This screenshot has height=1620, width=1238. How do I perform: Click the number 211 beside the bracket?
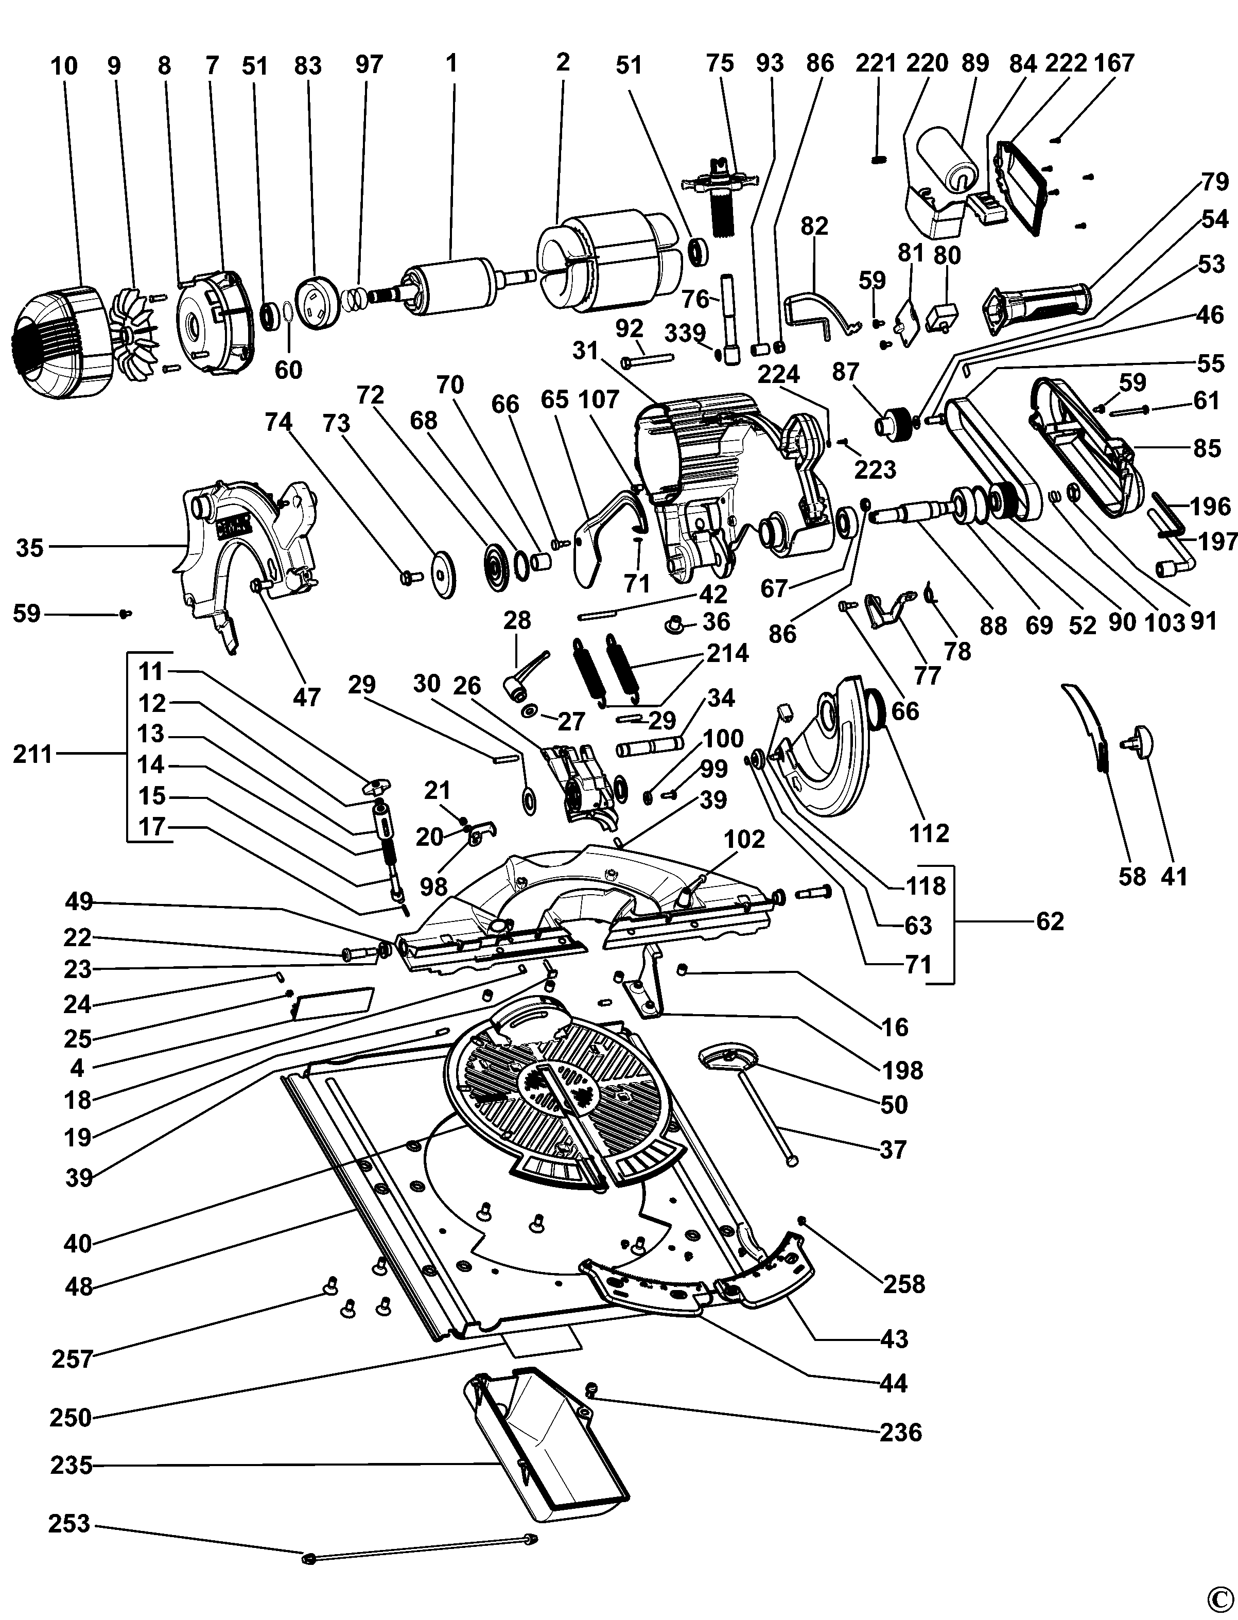click(32, 755)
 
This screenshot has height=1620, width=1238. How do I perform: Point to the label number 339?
click(685, 333)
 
